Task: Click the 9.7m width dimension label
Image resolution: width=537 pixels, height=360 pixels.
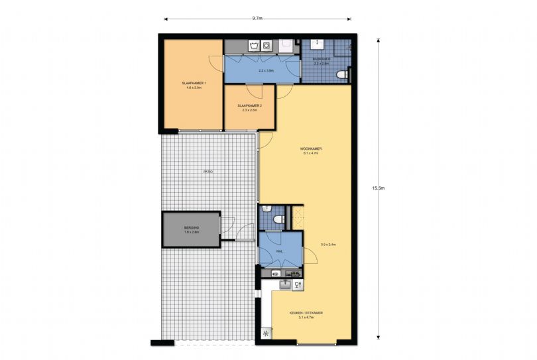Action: coord(257,19)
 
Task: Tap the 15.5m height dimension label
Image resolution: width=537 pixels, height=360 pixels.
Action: coord(379,188)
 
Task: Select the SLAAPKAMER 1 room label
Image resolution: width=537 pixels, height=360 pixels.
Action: coord(194,85)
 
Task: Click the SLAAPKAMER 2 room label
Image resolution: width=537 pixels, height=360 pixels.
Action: coord(250,107)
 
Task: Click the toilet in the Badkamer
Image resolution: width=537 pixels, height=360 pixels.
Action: coord(342,75)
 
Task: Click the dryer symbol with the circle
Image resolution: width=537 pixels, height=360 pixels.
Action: coord(267,46)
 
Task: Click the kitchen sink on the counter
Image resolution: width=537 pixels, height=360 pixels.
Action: coord(284,284)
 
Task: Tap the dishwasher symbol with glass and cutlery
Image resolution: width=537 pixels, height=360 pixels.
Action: coord(298,284)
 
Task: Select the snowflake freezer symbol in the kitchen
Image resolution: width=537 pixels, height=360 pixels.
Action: coord(266,334)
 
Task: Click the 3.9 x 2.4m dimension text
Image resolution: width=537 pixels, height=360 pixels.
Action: coord(328,245)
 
